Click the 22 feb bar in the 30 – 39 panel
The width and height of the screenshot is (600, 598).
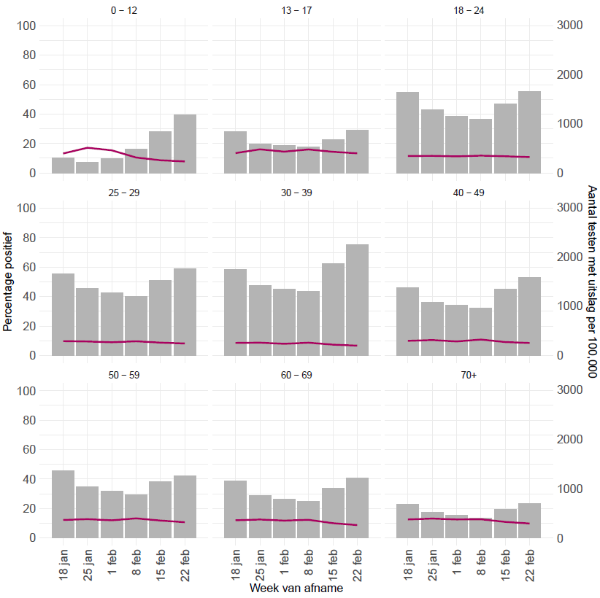coord(357,300)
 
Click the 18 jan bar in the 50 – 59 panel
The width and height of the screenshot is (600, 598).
coord(63,504)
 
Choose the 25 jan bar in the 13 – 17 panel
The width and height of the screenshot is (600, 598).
coord(260,158)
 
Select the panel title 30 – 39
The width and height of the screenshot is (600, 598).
coord(296,193)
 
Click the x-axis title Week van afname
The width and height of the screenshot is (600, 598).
coord(296,587)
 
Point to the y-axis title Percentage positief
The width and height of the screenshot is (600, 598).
coord(9,281)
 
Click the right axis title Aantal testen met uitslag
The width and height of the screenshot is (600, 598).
coord(592,281)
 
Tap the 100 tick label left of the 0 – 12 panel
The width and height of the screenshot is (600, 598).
coord(27,26)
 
